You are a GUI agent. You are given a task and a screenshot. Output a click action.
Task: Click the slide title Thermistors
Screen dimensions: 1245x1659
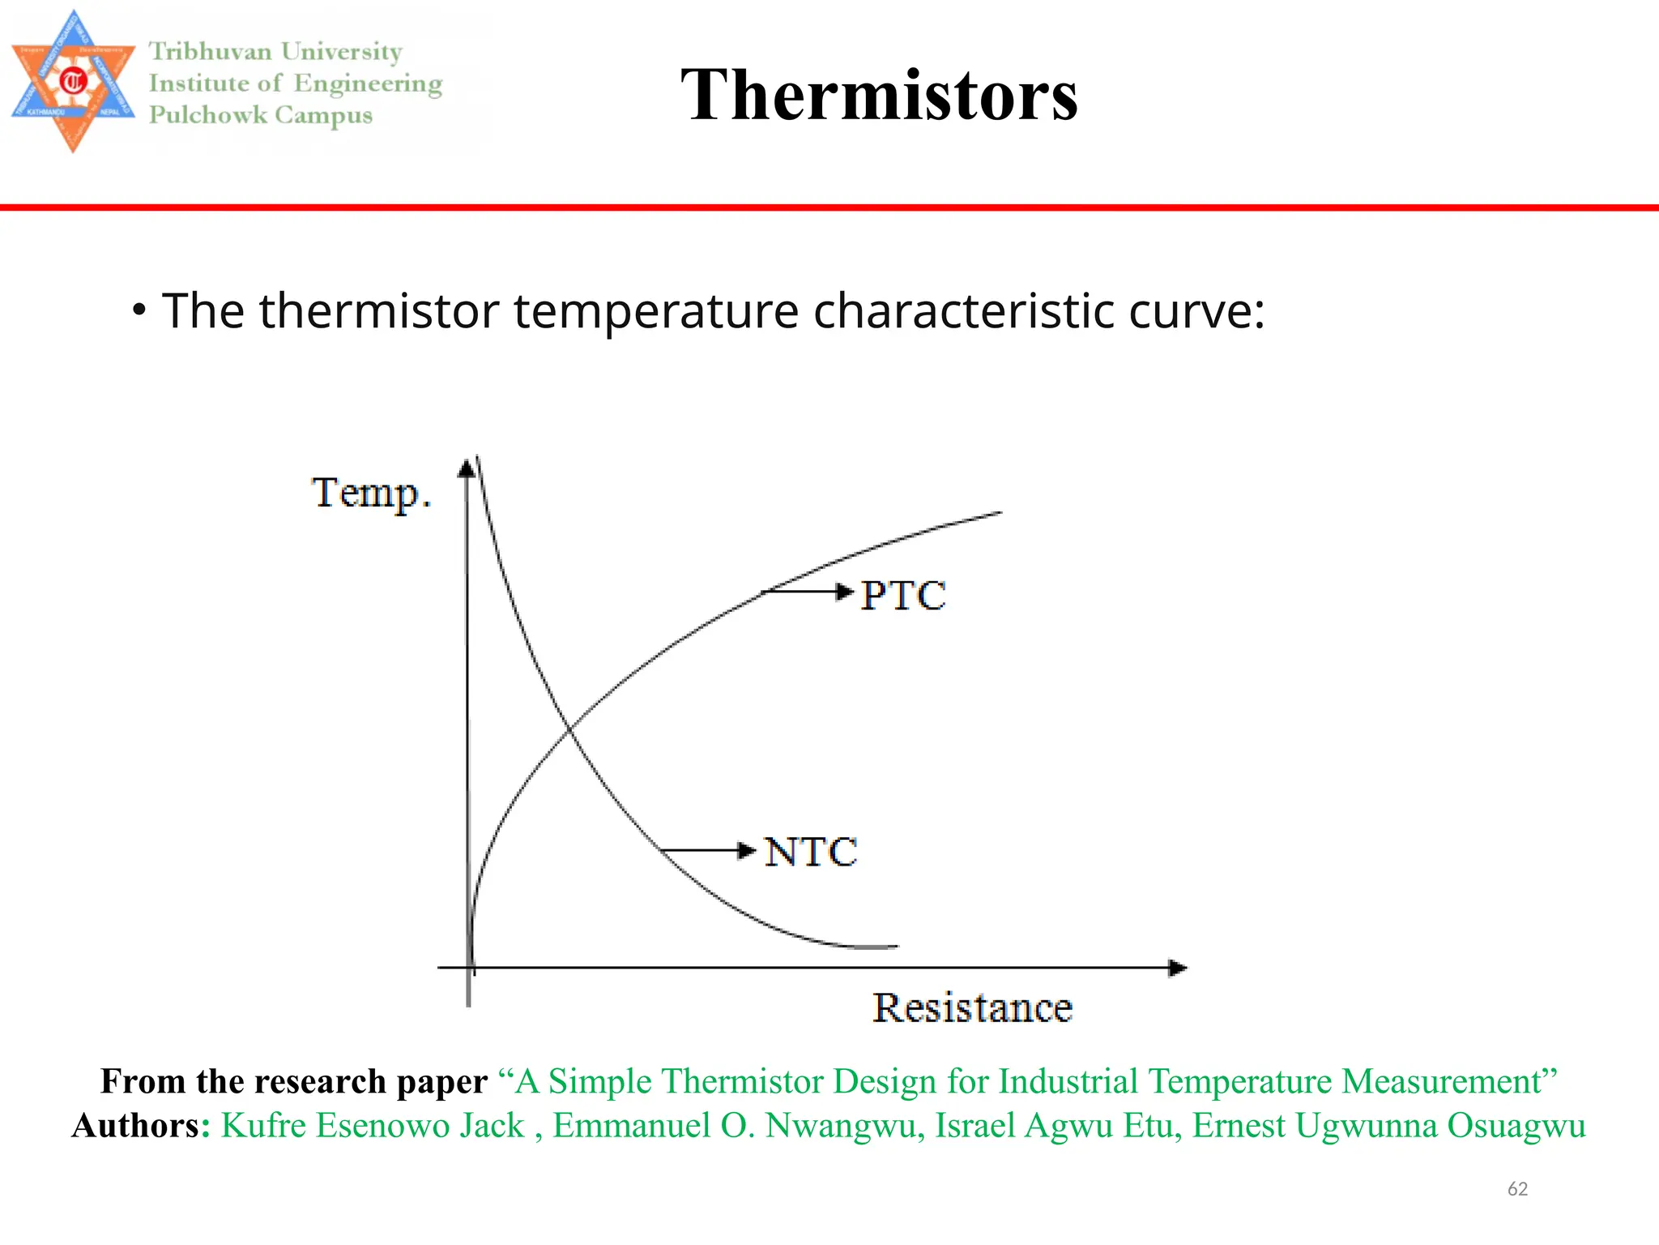tap(879, 95)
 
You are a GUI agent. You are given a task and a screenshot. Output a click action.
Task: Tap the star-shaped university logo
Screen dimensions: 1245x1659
tap(73, 81)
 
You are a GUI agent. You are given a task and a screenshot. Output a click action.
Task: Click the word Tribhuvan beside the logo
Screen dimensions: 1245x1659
tap(211, 52)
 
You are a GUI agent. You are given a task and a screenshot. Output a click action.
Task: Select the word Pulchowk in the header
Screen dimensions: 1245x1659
tap(208, 115)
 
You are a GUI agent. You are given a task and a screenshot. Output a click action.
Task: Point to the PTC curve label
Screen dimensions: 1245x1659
tap(902, 595)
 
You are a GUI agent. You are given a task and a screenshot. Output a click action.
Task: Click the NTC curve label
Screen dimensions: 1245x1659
tap(811, 852)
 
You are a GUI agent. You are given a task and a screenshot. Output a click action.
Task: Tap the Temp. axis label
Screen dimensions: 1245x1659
tap(372, 493)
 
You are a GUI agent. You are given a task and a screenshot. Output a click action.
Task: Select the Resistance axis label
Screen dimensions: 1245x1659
tap(972, 1008)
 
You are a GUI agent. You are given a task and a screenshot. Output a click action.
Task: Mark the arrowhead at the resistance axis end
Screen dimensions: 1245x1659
tap(1179, 968)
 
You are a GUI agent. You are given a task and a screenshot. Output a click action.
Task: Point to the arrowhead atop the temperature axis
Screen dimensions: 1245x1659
tap(467, 468)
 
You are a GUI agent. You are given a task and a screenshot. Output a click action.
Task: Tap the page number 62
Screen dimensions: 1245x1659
tap(1517, 1189)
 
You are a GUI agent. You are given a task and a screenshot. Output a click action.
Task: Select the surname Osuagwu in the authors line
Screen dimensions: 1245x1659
tap(1516, 1126)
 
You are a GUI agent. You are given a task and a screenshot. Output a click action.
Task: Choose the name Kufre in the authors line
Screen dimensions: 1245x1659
tap(264, 1126)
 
